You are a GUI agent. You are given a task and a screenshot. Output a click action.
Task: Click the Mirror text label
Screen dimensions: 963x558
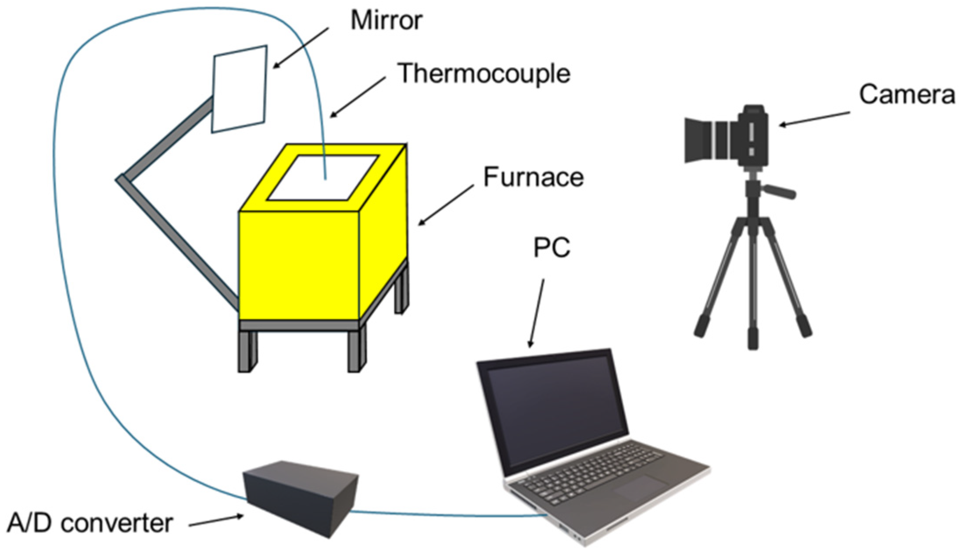click(386, 20)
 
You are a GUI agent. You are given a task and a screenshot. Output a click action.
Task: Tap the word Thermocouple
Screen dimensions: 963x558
click(483, 73)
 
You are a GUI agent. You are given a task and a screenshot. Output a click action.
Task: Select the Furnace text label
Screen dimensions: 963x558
click(533, 177)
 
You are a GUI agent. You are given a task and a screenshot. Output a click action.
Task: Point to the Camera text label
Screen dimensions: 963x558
click(906, 94)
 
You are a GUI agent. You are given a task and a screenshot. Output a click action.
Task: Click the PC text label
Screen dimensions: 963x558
click(551, 248)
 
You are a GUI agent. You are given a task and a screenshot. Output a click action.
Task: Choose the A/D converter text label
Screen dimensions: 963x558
click(90, 523)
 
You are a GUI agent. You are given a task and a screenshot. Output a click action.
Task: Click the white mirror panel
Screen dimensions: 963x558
click(239, 89)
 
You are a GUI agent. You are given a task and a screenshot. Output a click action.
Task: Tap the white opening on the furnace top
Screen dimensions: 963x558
click(322, 178)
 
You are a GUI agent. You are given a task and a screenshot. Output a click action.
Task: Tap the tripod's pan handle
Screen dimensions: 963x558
click(779, 192)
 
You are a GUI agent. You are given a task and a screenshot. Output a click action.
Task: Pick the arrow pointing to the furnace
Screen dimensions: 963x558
click(445, 205)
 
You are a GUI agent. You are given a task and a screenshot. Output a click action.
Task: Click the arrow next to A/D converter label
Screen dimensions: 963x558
click(216, 520)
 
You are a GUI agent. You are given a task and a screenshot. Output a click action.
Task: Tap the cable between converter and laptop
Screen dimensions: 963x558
click(447, 515)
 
